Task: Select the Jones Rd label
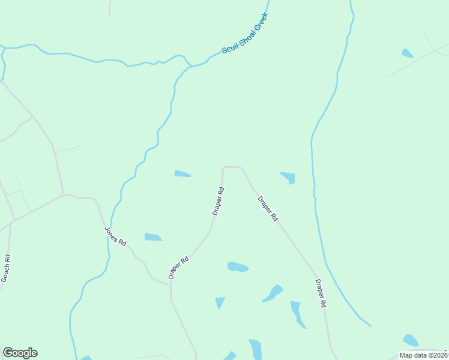[x=115, y=236]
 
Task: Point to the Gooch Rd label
[x=6, y=268]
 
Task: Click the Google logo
[x=20, y=353]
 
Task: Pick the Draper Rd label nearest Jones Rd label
[x=179, y=268]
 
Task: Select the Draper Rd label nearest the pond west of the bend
[x=218, y=202]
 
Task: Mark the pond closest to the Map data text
[x=411, y=340]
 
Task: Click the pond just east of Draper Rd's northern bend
[x=289, y=177]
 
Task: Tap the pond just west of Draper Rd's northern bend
[x=182, y=174]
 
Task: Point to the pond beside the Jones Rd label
[x=153, y=237]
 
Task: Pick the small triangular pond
[x=220, y=302]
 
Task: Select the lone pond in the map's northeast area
[x=408, y=53]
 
